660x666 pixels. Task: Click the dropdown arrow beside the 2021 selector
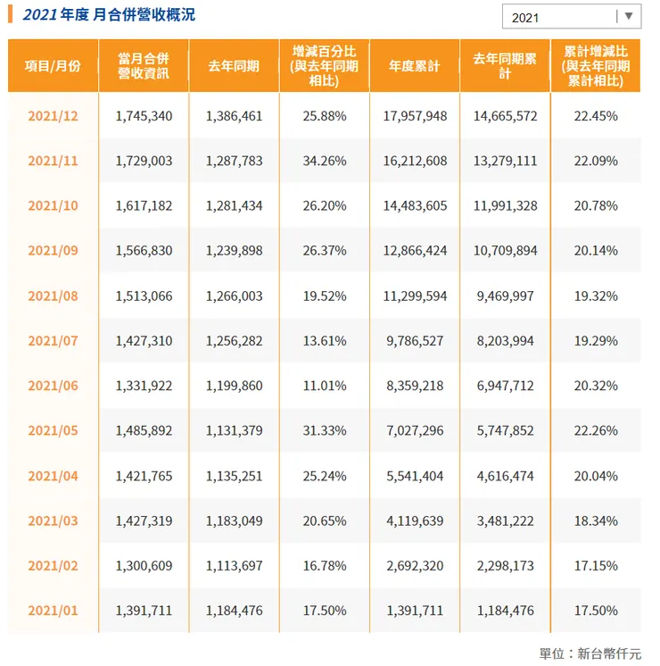point(628,16)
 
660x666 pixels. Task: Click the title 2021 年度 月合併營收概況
point(108,15)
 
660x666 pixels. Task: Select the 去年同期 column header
point(234,66)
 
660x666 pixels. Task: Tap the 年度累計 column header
point(415,66)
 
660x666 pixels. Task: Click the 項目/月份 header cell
point(53,66)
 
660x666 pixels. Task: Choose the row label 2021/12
point(53,116)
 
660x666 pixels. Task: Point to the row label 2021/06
point(53,386)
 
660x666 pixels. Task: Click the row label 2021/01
point(53,611)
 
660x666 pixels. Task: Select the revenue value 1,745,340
point(144,116)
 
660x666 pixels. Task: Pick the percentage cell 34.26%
point(325,161)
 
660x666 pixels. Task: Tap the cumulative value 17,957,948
point(415,116)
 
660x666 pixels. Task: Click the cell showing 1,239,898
point(234,251)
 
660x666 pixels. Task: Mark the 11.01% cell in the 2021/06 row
point(325,386)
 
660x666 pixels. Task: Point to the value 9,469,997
point(505,296)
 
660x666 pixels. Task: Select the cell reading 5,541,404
point(415,476)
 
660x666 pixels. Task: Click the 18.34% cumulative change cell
point(596,520)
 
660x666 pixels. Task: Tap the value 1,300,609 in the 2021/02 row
point(144,566)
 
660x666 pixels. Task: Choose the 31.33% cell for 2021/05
point(325,430)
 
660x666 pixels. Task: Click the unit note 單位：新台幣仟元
point(590,654)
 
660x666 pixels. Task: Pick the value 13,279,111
point(505,161)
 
